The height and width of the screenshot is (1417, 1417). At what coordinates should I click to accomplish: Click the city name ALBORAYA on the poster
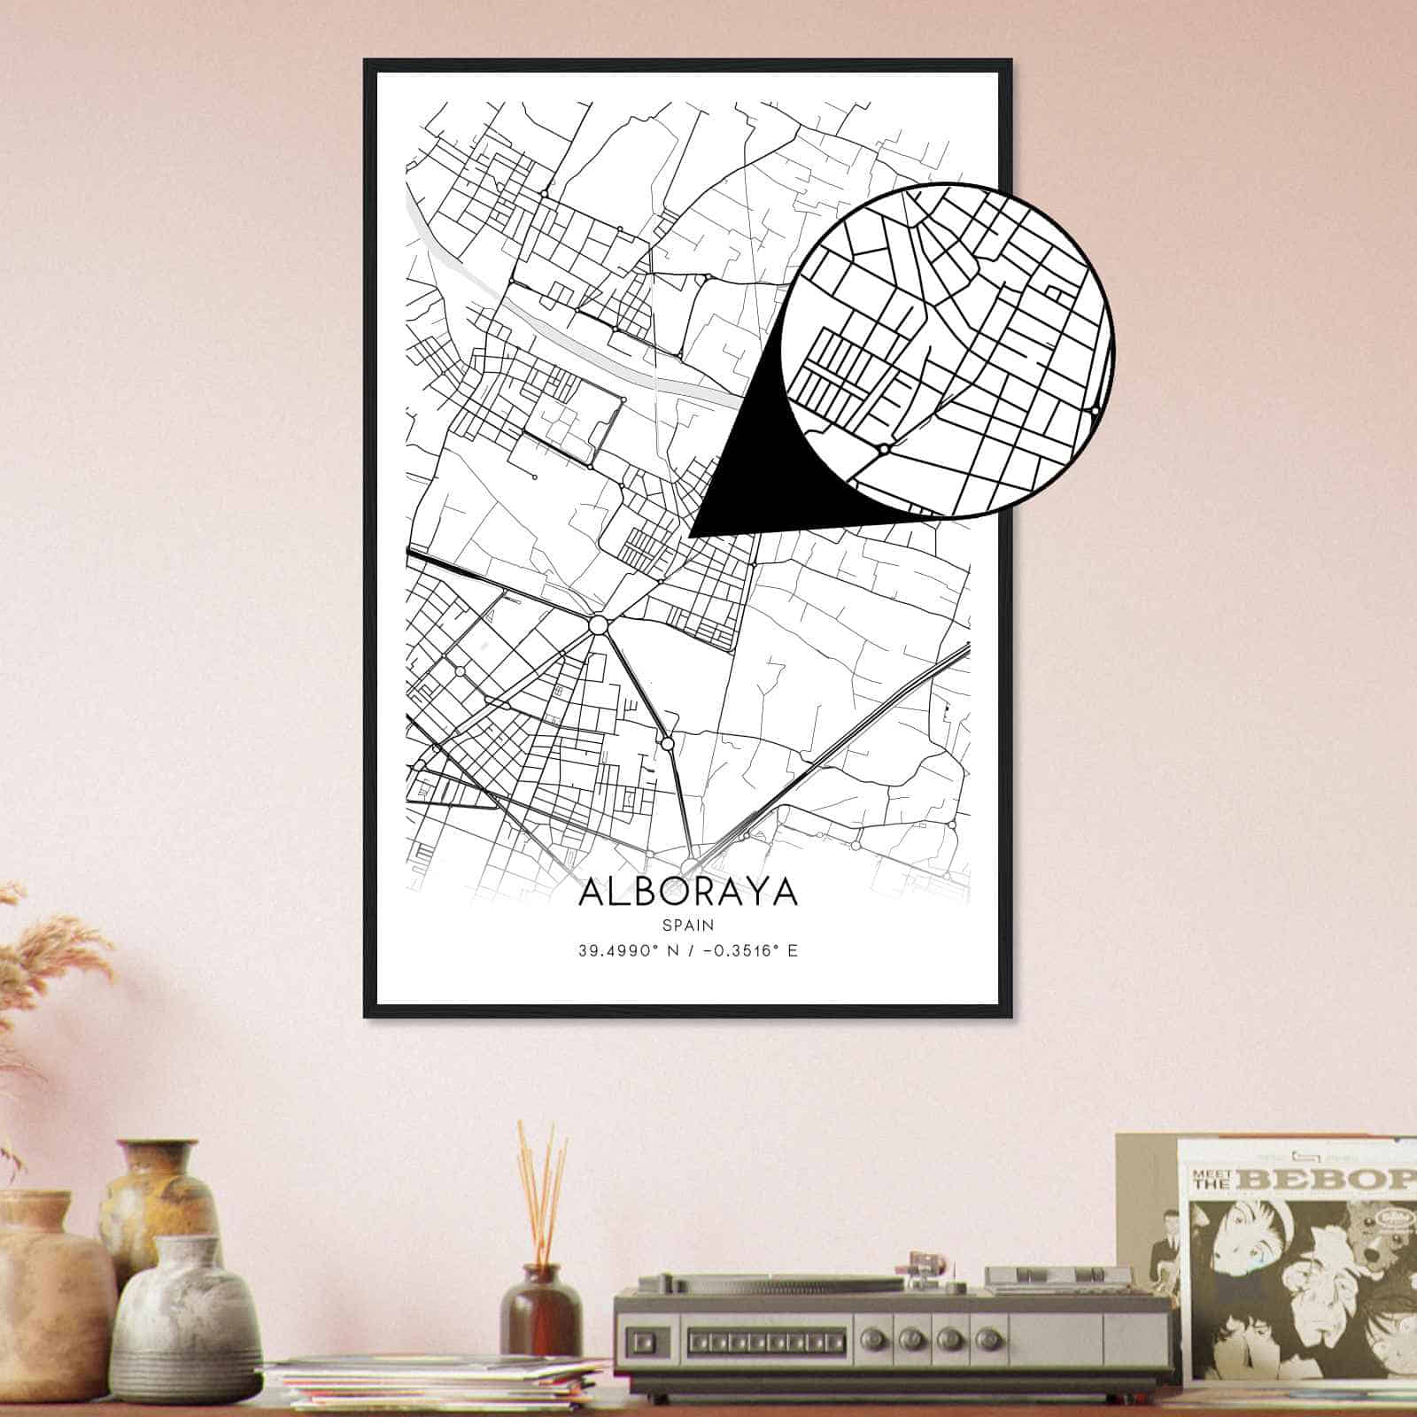688,892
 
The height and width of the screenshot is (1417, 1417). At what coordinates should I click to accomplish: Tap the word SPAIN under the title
688,925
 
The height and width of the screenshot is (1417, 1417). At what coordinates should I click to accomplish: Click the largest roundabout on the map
599,625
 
